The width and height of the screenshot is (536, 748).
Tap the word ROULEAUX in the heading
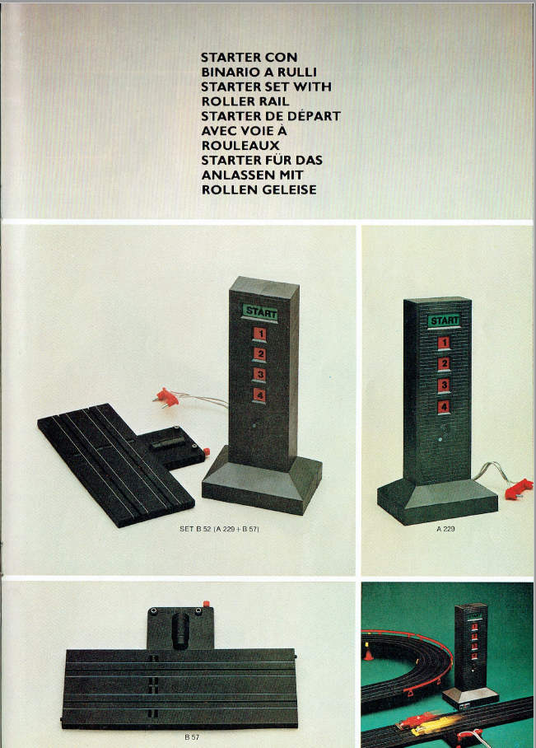tap(240, 145)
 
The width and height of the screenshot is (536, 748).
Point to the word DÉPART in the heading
tap(313, 116)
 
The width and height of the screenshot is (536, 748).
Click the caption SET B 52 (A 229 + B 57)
tap(219, 529)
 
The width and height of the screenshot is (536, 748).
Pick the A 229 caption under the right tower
tap(445, 529)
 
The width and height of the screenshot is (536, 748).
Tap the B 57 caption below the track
tap(192, 737)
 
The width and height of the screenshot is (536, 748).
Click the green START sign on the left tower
tap(260, 312)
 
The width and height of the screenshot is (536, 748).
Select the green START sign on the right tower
tap(444, 320)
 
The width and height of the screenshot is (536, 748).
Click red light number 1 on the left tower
tap(260, 334)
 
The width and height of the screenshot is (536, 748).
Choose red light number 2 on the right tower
tap(444, 363)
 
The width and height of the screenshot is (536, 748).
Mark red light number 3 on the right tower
tap(444, 385)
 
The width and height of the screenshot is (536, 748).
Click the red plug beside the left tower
tap(167, 397)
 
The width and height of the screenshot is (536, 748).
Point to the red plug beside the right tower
tap(519, 489)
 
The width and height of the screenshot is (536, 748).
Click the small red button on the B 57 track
tap(207, 604)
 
